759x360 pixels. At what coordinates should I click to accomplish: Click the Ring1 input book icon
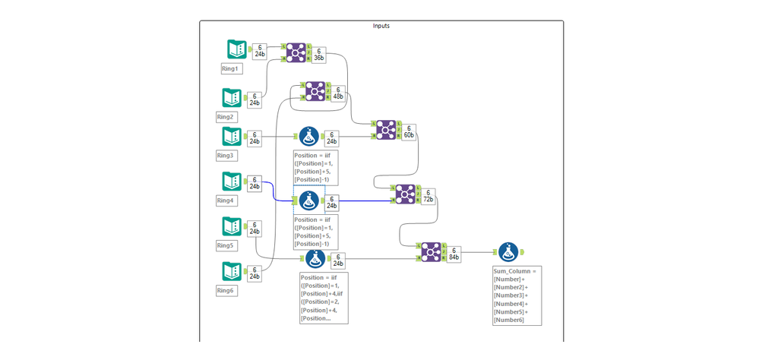pyautogui.click(x=237, y=49)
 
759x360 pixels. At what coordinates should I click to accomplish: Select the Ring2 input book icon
pyautogui.click(x=232, y=98)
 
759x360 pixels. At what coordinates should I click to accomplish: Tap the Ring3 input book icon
pyautogui.click(x=232, y=137)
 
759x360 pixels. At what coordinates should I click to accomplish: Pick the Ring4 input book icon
pyautogui.click(x=232, y=182)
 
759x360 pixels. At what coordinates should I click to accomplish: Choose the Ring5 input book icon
pyautogui.click(x=232, y=226)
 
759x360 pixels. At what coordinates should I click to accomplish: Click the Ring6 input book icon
pyautogui.click(x=232, y=271)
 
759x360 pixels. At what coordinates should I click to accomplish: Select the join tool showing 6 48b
pyautogui.click(x=315, y=91)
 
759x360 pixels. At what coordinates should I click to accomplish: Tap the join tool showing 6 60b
pyautogui.click(x=385, y=130)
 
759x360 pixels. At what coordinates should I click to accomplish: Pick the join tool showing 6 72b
pyautogui.click(x=404, y=194)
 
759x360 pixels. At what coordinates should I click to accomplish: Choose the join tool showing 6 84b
pyautogui.click(x=431, y=251)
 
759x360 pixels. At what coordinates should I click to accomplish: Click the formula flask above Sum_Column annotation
pyautogui.click(x=508, y=251)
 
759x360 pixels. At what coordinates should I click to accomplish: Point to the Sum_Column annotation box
pyautogui.click(x=517, y=295)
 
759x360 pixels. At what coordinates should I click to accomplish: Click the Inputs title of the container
pyautogui.click(x=381, y=26)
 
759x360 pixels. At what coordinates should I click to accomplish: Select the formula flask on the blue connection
pyautogui.click(x=308, y=201)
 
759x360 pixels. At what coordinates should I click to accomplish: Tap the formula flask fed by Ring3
pyautogui.click(x=308, y=137)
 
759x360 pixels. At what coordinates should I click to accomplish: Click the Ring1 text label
pyautogui.click(x=229, y=68)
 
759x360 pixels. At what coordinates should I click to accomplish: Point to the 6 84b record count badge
pyautogui.click(x=454, y=254)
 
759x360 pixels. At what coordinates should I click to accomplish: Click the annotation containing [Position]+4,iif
pyautogui.click(x=324, y=298)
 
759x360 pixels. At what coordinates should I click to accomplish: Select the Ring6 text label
pyautogui.click(x=226, y=290)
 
